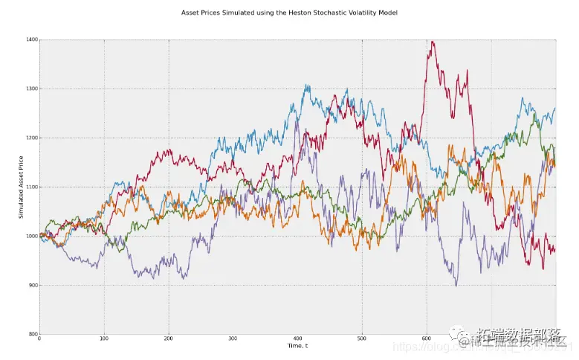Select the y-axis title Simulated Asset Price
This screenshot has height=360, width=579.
(22, 187)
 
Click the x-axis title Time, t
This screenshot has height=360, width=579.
(297, 346)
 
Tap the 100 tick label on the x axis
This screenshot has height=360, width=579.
(103, 339)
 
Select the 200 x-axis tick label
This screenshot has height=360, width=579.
(168, 339)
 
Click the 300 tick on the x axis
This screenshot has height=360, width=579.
(233, 339)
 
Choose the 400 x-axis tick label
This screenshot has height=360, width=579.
(297, 339)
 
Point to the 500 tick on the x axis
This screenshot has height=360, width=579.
(362, 339)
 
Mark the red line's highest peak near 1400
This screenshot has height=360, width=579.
(432, 42)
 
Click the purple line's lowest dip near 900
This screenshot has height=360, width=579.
(456, 285)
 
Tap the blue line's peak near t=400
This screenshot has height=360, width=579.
(306, 86)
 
